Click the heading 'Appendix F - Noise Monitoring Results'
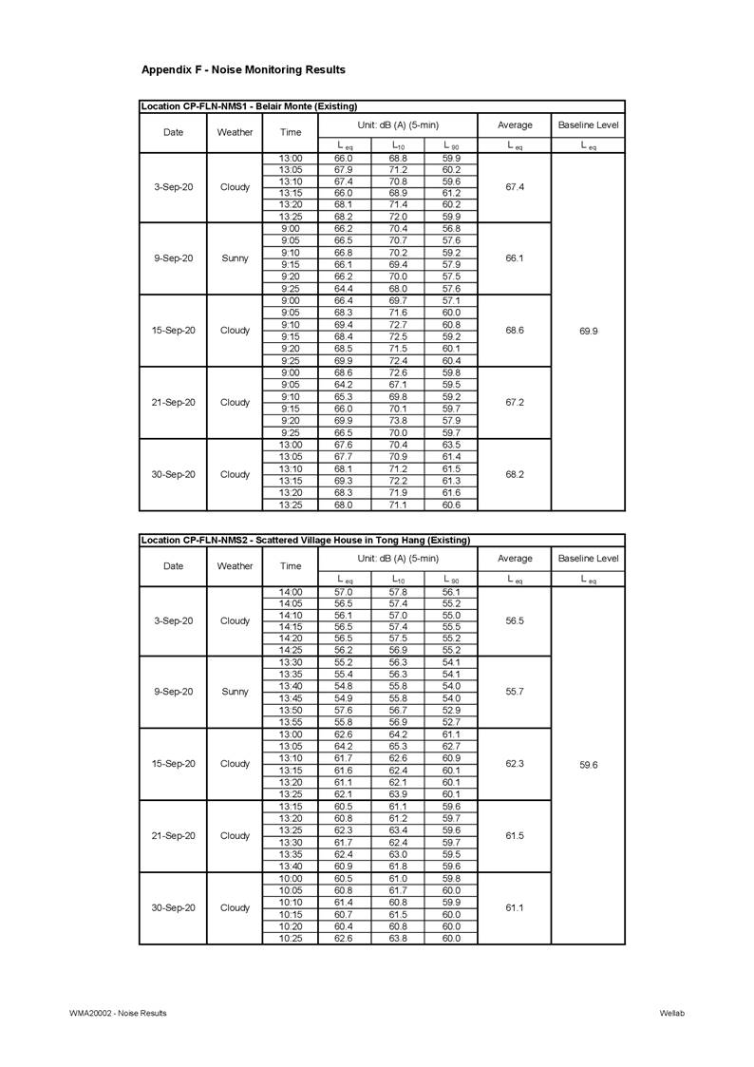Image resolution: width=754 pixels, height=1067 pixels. (x=243, y=69)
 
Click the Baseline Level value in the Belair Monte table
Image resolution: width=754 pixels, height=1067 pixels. (x=588, y=331)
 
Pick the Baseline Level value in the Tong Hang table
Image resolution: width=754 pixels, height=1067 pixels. (x=588, y=764)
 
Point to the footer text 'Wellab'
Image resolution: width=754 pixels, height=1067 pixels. (x=671, y=1013)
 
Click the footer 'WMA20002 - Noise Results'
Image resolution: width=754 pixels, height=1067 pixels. (x=118, y=1013)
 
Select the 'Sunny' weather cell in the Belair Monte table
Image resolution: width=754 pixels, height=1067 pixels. (x=235, y=258)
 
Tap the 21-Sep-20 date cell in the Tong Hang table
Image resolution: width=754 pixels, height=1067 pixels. (x=173, y=836)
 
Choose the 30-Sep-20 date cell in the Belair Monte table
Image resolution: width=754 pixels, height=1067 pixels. (x=173, y=474)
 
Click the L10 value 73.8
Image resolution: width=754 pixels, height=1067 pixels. (x=398, y=421)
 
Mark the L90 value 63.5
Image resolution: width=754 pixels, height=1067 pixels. (x=451, y=445)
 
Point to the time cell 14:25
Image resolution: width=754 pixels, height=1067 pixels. (x=291, y=651)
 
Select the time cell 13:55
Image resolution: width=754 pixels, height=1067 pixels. (x=291, y=722)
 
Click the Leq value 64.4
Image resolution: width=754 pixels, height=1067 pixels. (x=344, y=289)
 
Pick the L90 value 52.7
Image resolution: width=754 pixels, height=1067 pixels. (x=451, y=722)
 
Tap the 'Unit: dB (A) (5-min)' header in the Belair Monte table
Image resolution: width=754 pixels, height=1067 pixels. (x=398, y=125)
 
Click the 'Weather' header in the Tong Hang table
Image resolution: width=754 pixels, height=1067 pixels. (x=235, y=565)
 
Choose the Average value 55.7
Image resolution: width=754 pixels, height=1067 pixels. (x=514, y=692)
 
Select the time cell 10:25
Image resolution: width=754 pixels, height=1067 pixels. (x=291, y=939)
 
